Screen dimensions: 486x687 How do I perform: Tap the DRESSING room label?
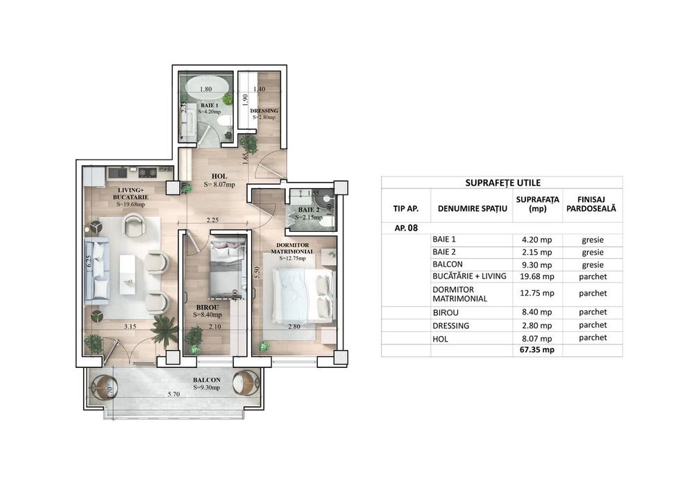(264, 111)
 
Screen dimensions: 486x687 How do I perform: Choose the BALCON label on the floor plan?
(207, 380)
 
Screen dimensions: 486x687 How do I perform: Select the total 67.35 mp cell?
(537, 351)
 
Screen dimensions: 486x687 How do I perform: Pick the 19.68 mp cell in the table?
(537, 276)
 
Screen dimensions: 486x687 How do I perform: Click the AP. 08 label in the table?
(396, 227)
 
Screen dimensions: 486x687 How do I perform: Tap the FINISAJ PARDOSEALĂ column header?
(592, 203)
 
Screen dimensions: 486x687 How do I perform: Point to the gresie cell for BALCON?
(592, 264)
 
